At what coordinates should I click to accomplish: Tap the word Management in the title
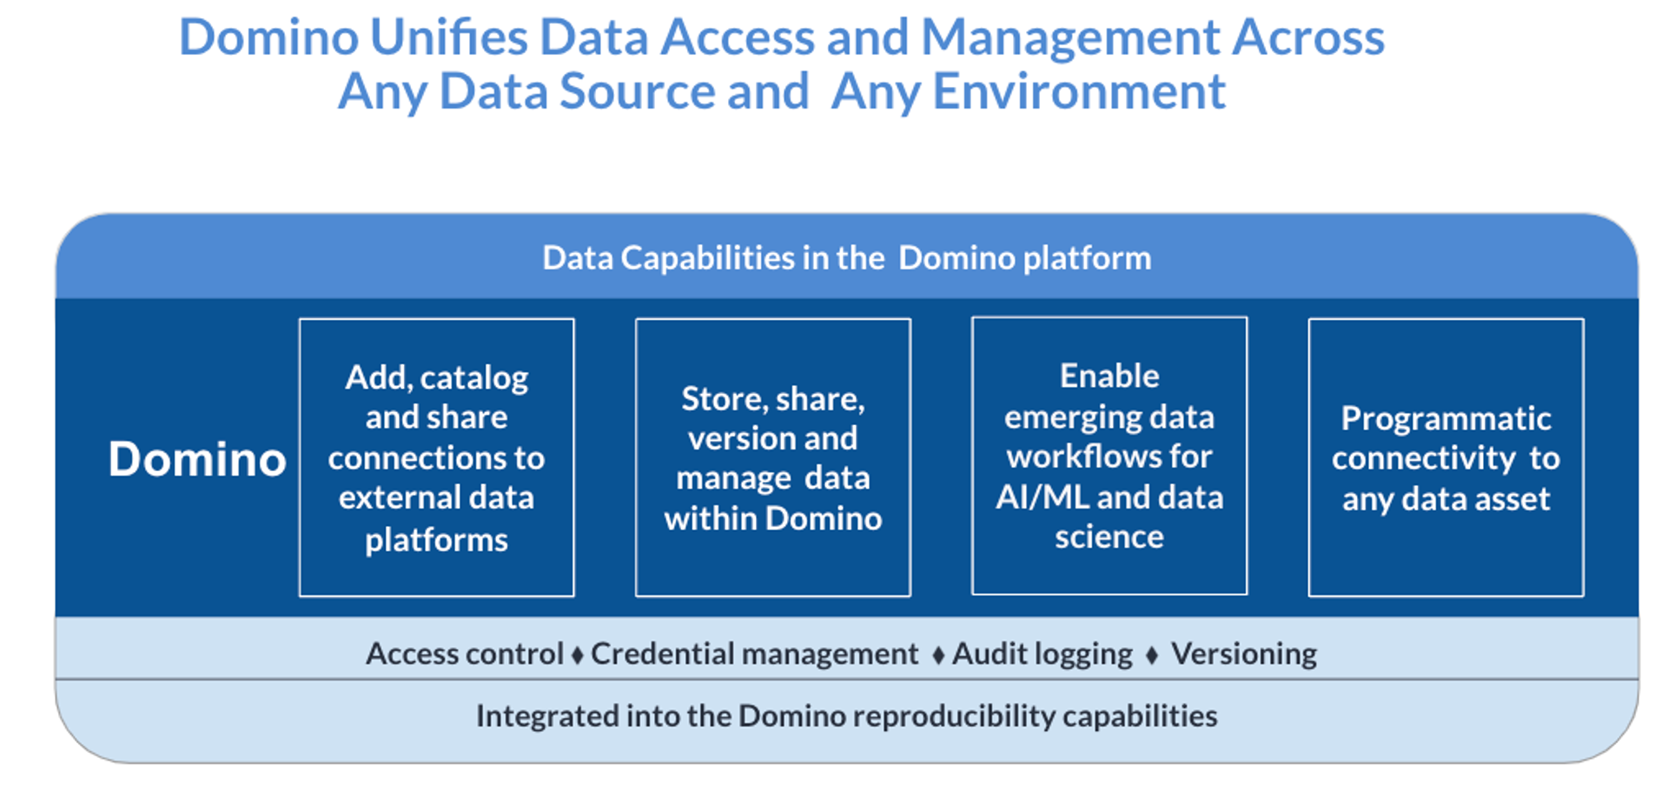click(x=1070, y=37)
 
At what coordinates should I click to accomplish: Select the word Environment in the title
click(x=1078, y=91)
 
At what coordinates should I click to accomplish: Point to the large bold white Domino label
click(x=197, y=458)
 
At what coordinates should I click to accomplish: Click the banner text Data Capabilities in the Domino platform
click(x=847, y=258)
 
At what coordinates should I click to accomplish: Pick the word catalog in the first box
click(x=474, y=378)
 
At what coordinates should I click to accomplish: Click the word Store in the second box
click(x=721, y=399)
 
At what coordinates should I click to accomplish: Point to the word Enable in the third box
click(x=1109, y=376)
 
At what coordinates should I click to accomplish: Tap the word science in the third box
click(x=1109, y=537)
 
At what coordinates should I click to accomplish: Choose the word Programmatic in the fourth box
click(x=1446, y=419)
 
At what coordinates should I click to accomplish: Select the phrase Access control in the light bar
click(x=465, y=654)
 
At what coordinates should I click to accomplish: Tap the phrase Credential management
click(x=754, y=654)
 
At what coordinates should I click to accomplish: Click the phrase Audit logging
click(x=1042, y=654)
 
